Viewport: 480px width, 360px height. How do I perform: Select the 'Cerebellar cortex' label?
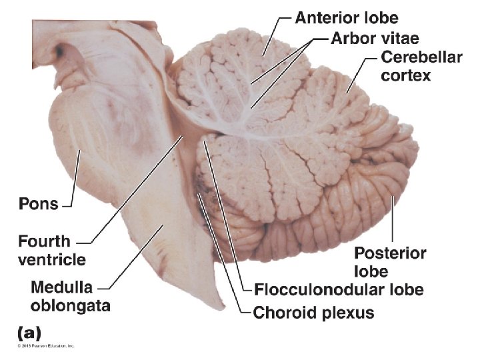421,66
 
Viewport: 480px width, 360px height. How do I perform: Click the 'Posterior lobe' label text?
390,262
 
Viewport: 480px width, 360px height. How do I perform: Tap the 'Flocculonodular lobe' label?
339,290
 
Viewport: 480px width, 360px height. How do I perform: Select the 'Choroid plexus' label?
314,312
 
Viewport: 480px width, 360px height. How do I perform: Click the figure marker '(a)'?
28,331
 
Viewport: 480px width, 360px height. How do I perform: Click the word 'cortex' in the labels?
406,75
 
